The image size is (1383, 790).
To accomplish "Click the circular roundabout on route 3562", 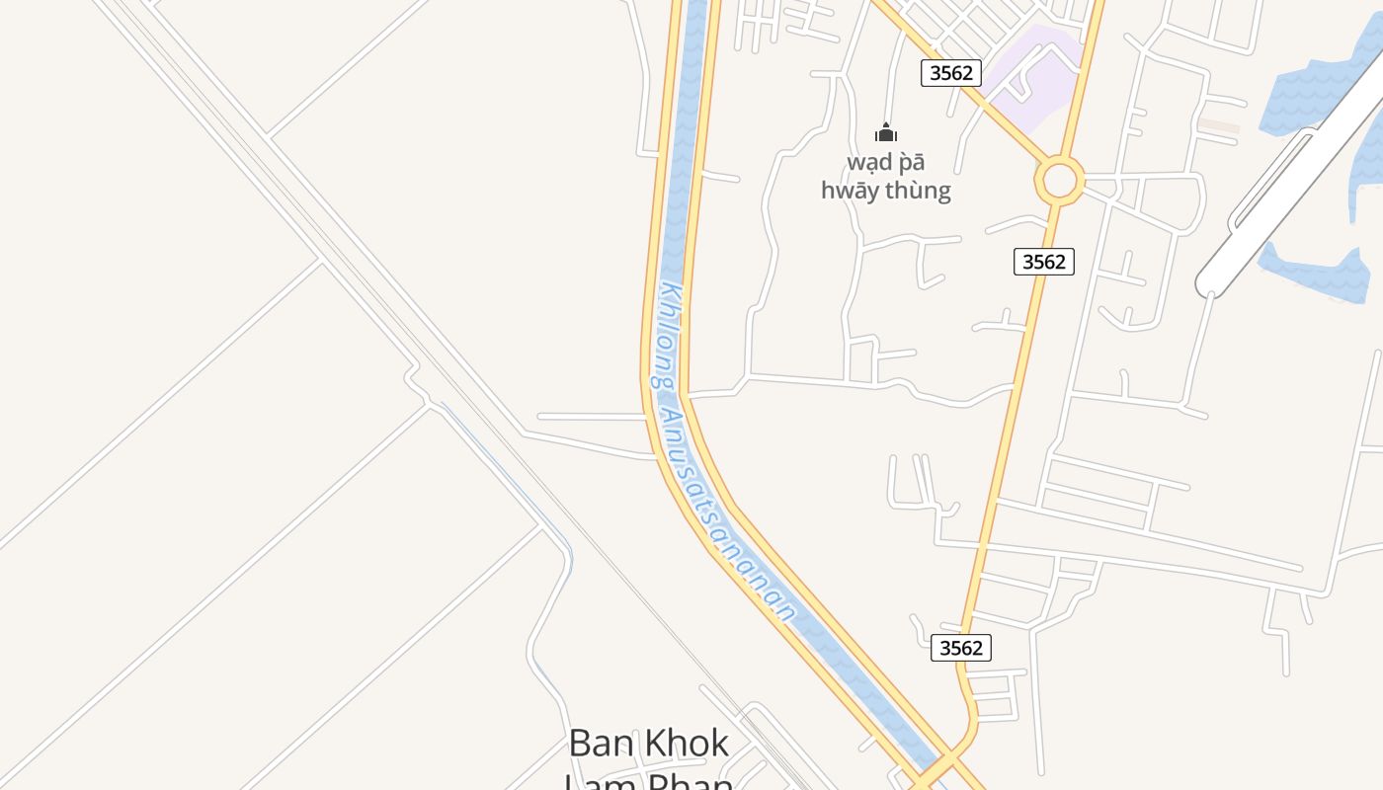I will (1059, 181).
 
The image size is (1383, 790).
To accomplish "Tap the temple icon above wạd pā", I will (886, 132).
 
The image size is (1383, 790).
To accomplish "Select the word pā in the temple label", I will (912, 163).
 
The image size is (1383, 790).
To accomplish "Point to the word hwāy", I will (849, 191).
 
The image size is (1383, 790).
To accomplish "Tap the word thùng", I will (918, 191).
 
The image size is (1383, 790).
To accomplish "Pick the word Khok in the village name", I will (684, 743).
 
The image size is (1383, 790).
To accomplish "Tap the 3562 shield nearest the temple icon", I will (950, 72).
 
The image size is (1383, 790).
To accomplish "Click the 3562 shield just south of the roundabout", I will (1043, 262).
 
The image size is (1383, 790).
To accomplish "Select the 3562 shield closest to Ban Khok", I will (960, 648).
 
